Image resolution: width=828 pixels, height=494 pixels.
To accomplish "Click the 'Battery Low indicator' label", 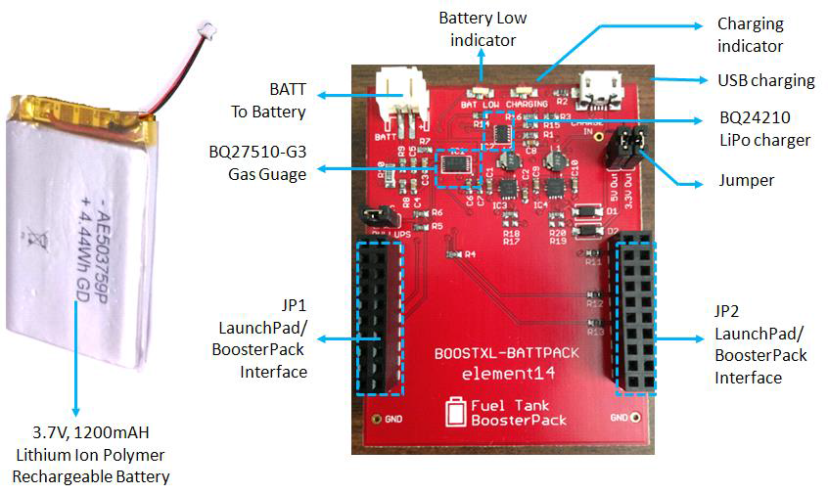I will (483, 28).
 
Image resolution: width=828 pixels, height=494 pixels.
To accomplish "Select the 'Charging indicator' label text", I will (750, 34).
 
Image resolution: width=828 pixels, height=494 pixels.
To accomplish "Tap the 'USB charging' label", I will (765, 79).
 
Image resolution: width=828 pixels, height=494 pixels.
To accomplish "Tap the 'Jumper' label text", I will (746, 181).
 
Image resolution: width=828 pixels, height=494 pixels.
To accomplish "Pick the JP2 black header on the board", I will (635, 315).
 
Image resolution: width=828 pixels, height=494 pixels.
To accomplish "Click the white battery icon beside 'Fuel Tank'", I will (455, 411).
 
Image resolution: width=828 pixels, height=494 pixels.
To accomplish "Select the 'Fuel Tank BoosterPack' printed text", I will (511, 412).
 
